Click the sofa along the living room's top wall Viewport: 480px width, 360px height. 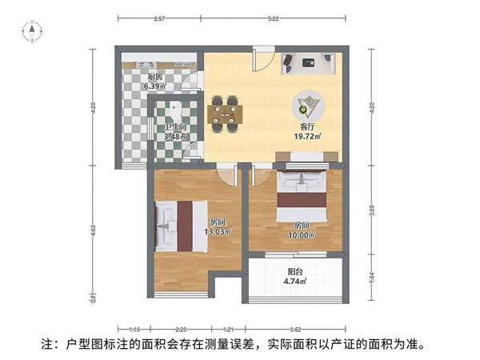tap(308, 62)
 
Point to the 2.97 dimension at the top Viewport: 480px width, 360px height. tap(160, 18)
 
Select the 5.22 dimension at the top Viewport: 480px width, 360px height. tap(274, 18)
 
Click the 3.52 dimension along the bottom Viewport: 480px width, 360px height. tap(295, 329)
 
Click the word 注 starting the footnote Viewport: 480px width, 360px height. tap(47, 346)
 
